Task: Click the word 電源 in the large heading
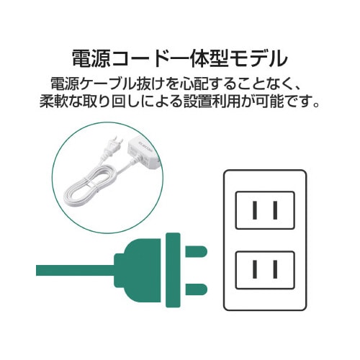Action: [91, 58]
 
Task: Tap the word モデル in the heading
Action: [258, 58]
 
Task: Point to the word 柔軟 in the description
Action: [52, 102]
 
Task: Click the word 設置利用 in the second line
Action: [212, 102]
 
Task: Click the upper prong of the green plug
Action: [196, 251]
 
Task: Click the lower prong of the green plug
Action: [196, 289]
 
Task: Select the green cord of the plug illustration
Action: [75, 270]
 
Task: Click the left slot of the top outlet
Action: [255, 210]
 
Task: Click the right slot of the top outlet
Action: [275, 210]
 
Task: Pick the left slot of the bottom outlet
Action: [255, 269]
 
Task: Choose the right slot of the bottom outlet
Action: [275, 269]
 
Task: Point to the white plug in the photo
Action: [112, 147]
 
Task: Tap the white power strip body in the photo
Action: [143, 150]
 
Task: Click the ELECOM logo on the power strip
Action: [144, 145]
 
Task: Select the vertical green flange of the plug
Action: [173, 270]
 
